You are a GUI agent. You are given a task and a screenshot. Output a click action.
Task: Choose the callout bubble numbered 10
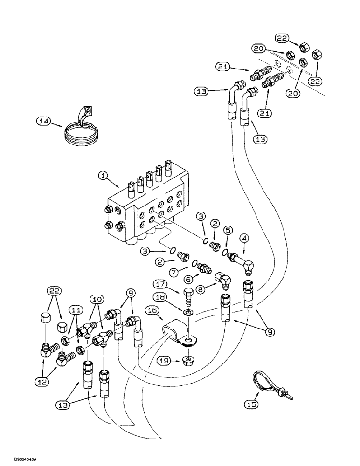coord(98,298)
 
